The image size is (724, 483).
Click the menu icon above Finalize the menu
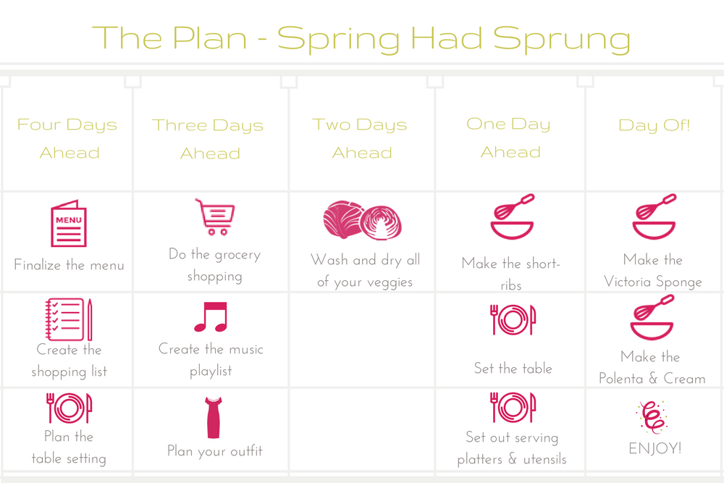point(69,224)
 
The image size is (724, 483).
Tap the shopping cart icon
point(215,217)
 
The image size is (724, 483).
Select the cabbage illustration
point(363,221)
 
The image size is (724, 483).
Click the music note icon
point(211,316)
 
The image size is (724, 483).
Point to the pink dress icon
point(214,417)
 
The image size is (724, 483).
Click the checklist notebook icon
point(69,319)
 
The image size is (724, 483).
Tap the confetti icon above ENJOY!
point(652,417)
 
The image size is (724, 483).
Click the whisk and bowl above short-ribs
point(512,216)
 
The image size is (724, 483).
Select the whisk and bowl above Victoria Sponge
point(654,216)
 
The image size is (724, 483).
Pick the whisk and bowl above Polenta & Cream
point(652,318)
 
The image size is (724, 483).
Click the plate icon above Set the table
point(513,319)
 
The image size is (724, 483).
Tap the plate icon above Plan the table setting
point(70,408)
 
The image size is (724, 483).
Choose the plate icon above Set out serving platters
point(513,407)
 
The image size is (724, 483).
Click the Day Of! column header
point(654,125)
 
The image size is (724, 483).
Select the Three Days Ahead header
point(209,139)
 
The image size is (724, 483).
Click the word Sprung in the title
point(562,39)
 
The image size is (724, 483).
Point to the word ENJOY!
point(654,448)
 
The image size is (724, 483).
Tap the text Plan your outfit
point(215,451)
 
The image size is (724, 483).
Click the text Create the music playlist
point(211,360)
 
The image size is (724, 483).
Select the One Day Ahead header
point(509,138)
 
